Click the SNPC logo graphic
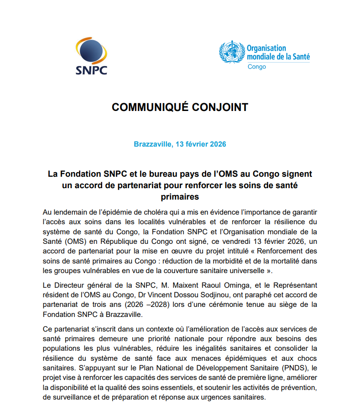pos(91,57)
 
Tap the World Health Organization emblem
pos(231,53)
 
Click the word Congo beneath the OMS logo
pos(256,67)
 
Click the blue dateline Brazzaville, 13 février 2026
pos(180,144)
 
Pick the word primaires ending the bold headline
pos(180,196)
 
